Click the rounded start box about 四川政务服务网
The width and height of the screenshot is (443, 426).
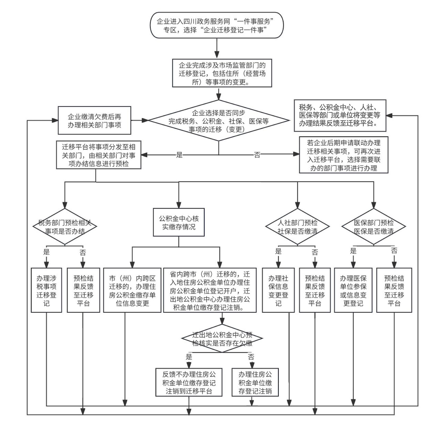coord(217,25)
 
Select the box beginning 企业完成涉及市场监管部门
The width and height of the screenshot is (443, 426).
coord(222,73)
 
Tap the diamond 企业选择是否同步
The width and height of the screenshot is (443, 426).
coord(219,121)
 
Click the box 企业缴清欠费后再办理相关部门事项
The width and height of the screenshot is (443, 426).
coord(94,121)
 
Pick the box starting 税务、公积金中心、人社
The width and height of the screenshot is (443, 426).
coord(340,115)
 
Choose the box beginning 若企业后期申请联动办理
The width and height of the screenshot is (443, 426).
coord(343,155)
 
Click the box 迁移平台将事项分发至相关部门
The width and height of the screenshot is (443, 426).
coord(98,155)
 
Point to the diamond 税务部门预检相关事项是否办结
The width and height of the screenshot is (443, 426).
coord(65,227)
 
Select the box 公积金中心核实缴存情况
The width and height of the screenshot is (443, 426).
coord(179,223)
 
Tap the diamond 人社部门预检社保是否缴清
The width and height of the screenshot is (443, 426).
coord(297,227)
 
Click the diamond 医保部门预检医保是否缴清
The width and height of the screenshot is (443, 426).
coord(373,227)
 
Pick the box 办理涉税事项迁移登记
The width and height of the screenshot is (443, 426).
coord(46,290)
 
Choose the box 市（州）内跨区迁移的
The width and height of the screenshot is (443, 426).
coord(132,290)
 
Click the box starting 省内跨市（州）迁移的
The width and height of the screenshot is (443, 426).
coord(210,290)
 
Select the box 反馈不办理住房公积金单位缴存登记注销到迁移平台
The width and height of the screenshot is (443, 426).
coord(189,382)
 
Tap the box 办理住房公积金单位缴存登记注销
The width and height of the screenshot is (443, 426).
coord(255,382)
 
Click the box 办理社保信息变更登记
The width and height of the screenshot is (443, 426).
coord(278,290)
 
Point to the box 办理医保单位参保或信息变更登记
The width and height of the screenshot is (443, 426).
coord(353,290)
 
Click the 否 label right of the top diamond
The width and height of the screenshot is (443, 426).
coord(257,155)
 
